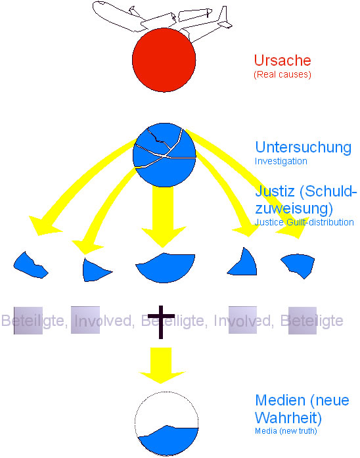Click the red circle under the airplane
click(x=164, y=60)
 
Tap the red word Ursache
click(x=282, y=60)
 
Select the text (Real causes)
click(x=282, y=74)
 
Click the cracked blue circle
click(x=164, y=155)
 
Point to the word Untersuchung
click(x=303, y=147)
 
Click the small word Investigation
click(x=281, y=161)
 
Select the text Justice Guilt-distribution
click(x=304, y=222)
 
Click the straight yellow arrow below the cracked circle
click(x=163, y=216)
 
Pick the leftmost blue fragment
click(x=30, y=266)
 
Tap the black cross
click(x=161, y=321)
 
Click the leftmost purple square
click(x=28, y=321)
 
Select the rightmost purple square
click(x=302, y=321)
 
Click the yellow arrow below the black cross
click(x=162, y=365)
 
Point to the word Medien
click(x=281, y=400)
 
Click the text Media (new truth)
click(x=286, y=431)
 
